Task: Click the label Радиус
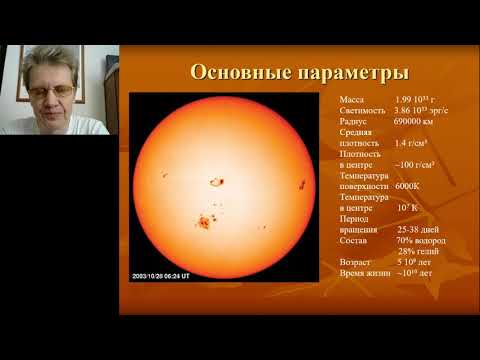[355, 121]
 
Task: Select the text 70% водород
[420, 241]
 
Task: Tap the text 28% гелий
[421, 252]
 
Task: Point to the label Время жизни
[367, 274]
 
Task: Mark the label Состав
[355, 241]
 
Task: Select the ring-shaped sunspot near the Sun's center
[215, 182]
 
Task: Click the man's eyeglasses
[51, 90]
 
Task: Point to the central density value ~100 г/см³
[418, 165]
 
